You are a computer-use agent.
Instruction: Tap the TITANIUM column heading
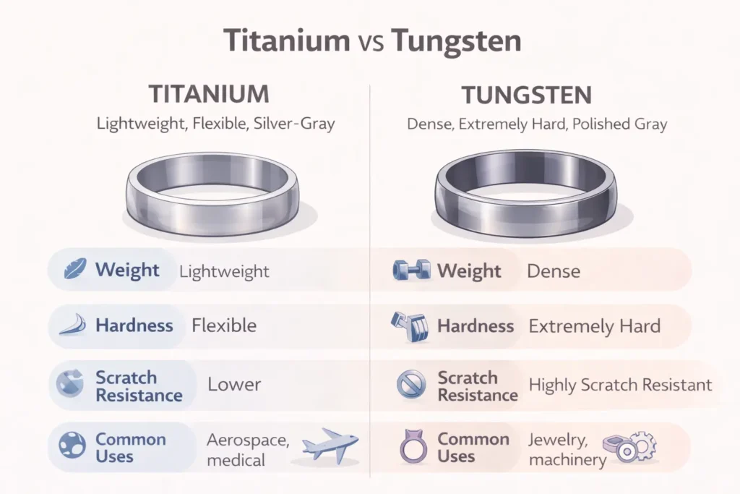tap(208, 95)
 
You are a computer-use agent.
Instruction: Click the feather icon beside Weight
tap(72, 271)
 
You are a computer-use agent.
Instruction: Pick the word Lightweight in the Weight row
tap(224, 272)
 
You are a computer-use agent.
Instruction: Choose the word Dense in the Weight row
tap(554, 272)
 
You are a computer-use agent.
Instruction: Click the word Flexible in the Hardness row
tap(224, 325)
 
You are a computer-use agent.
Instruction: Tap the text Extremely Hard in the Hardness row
tap(594, 326)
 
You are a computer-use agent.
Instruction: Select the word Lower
tap(234, 385)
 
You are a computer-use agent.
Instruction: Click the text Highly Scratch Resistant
tap(620, 385)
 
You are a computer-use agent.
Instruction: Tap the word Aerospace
tap(247, 440)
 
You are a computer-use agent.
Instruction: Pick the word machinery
tap(567, 460)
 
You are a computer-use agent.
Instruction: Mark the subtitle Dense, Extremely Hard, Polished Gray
tap(537, 124)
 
